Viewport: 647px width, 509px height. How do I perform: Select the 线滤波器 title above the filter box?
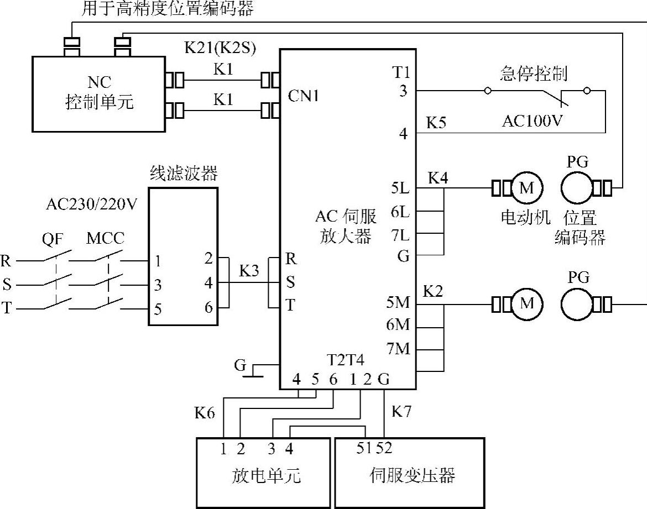pyautogui.click(x=184, y=173)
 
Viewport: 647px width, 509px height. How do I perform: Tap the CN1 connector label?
pyautogui.click(x=304, y=96)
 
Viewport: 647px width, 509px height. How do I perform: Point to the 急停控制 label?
pyautogui.click(x=534, y=74)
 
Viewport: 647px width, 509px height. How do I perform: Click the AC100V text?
pyautogui.click(x=533, y=121)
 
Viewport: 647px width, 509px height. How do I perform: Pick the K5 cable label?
pyautogui.click(x=436, y=123)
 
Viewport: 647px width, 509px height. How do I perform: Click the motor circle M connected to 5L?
pyautogui.click(x=527, y=188)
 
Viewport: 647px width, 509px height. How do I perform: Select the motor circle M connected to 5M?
pyautogui.click(x=527, y=304)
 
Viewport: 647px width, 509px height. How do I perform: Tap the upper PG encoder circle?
pyautogui.click(x=577, y=188)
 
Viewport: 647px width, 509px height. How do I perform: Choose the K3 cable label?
pyautogui.click(x=249, y=271)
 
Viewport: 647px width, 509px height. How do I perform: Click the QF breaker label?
pyautogui.click(x=53, y=239)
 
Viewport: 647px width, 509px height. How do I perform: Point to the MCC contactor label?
pyautogui.click(x=105, y=238)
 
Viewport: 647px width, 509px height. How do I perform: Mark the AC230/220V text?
pyautogui.click(x=91, y=204)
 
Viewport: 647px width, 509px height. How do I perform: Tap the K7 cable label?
pyautogui.click(x=401, y=411)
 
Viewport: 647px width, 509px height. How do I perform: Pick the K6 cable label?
pyautogui.click(x=205, y=412)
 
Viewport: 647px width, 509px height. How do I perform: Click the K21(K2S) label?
pyautogui.click(x=220, y=48)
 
